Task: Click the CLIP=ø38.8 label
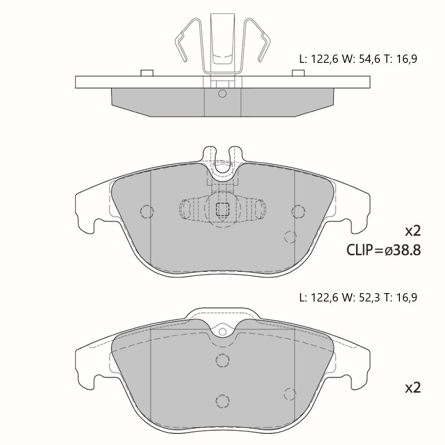pos(383,250)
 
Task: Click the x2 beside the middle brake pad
pos(413,231)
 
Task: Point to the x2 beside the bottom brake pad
pos(413,387)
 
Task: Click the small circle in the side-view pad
pos(222,93)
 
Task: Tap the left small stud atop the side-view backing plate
pos(147,73)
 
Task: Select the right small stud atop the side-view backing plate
pos(298,73)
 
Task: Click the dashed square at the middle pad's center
pos(222,209)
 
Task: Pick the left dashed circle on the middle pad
pos(147,211)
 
